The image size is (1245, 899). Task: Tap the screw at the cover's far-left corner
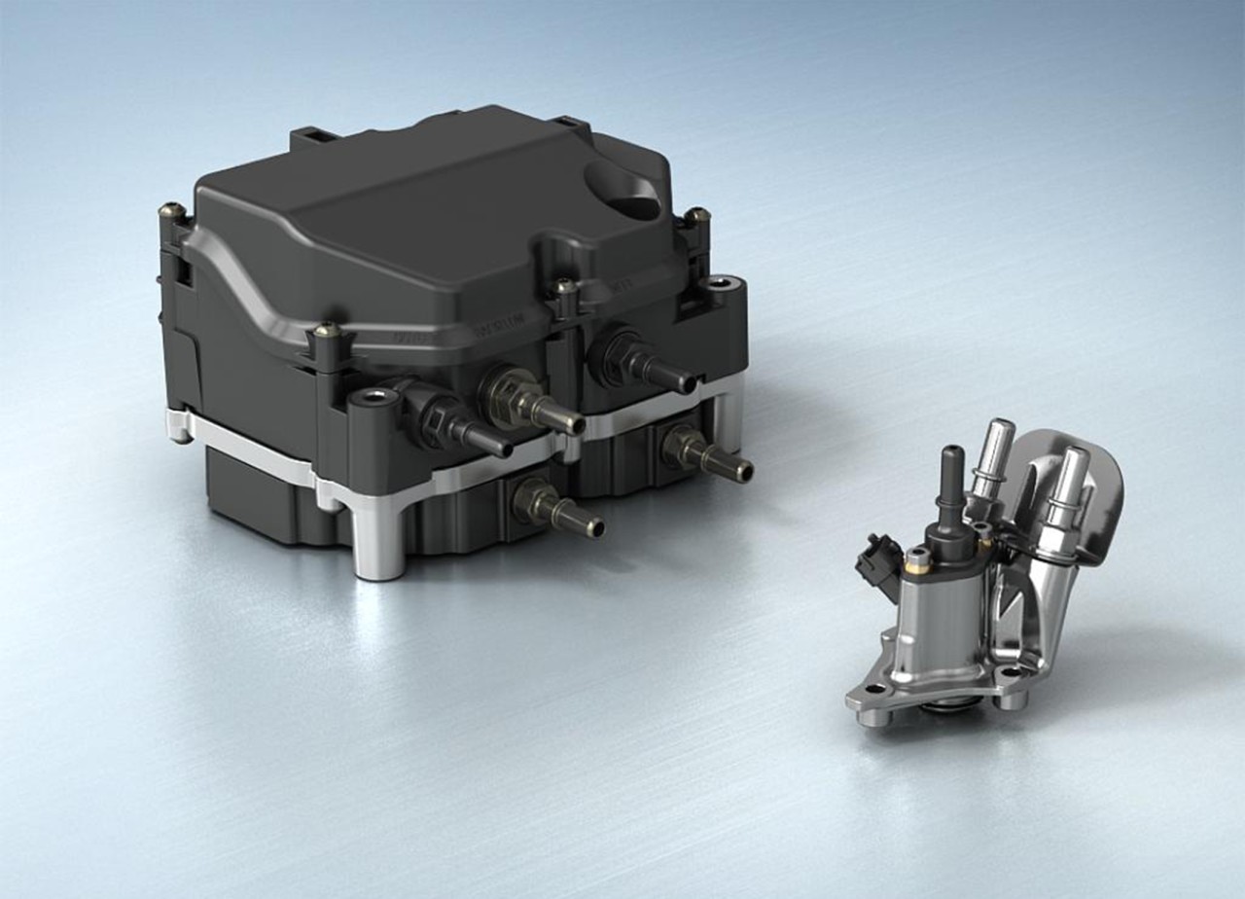(174, 208)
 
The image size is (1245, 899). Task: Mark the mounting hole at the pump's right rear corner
(721, 283)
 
